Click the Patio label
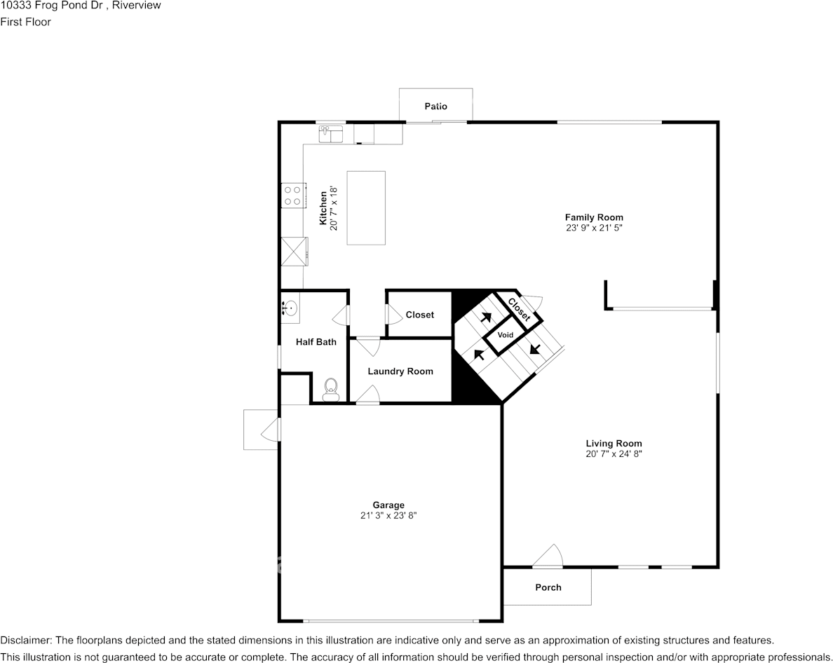point(435,106)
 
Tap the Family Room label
point(594,217)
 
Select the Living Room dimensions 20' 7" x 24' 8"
point(614,454)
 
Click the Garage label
point(388,505)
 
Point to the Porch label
point(548,587)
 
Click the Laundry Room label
point(400,371)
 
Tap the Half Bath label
point(316,342)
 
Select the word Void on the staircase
point(506,335)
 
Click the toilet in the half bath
point(330,390)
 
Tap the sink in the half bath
point(290,308)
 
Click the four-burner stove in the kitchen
point(292,196)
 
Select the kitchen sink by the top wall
point(332,135)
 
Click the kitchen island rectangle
point(366,208)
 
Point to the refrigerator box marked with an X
point(294,251)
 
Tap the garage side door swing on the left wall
point(270,430)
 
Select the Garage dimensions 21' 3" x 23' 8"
point(388,515)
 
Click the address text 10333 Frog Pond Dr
point(51,6)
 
